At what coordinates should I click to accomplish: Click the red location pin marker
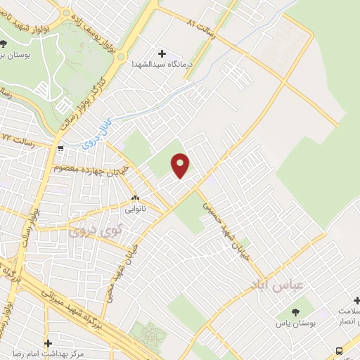181,165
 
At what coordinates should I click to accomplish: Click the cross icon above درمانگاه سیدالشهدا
162,53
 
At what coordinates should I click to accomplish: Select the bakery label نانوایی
134,208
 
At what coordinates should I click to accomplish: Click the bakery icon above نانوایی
134,198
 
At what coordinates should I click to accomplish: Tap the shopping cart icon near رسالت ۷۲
61,148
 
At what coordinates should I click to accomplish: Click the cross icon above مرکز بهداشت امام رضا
48,343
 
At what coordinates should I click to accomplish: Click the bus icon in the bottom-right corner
340,351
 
